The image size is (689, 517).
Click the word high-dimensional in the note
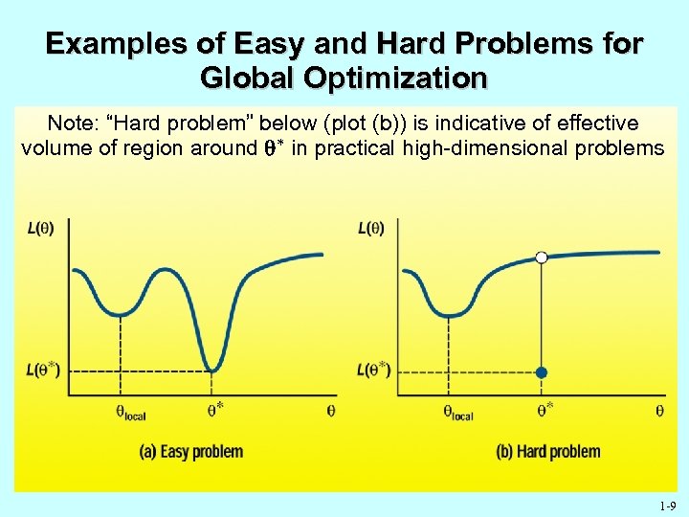[x=491, y=147]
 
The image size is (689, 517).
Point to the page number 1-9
[x=667, y=506]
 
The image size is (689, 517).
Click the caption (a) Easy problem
[x=190, y=451]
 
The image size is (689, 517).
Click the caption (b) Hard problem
[x=548, y=451]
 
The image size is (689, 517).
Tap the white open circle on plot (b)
[x=542, y=257]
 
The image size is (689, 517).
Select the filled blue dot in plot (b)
[x=542, y=371]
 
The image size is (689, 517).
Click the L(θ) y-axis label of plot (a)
[x=40, y=228]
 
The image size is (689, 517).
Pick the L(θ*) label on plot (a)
[x=42, y=370]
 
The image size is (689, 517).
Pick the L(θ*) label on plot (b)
[x=373, y=370]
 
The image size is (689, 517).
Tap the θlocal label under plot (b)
[x=458, y=413]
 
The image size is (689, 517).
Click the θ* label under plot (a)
[x=216, y=409]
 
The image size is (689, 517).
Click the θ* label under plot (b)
[x=545, y=409]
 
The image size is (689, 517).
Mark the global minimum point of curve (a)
[x=214, y=370]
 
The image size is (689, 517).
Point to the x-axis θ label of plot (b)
[x=659, y=410]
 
